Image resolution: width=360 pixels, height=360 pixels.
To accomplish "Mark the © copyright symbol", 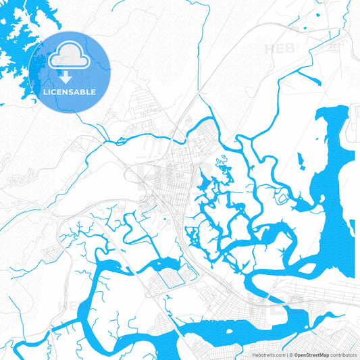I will pos(291,354).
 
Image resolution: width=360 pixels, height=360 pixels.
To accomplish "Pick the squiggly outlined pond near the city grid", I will pos(222,162).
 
